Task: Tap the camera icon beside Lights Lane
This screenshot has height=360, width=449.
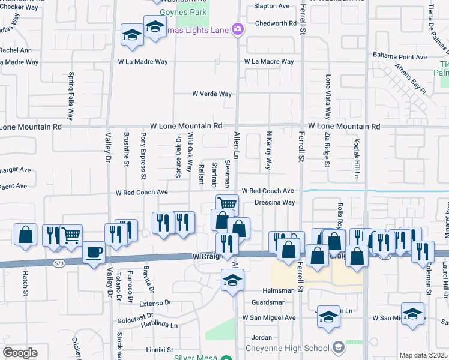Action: click(238, 29)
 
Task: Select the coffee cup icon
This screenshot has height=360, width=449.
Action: click(93, 252)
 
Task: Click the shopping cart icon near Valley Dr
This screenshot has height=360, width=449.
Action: click(71, 235)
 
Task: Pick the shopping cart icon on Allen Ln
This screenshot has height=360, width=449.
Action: click(227, 205)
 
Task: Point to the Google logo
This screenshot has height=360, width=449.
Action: click(20, 353)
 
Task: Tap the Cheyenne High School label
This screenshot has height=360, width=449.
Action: click(288, 348)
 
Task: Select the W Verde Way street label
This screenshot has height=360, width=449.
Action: click(212, 94)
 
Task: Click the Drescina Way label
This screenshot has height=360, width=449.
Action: click(274, 203)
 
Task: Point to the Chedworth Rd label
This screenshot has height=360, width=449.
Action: click(276, 24)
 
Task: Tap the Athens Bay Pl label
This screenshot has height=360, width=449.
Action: click(410, 80)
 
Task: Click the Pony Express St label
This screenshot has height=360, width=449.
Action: click(143, 155)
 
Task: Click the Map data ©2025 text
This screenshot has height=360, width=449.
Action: click(423, 355)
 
